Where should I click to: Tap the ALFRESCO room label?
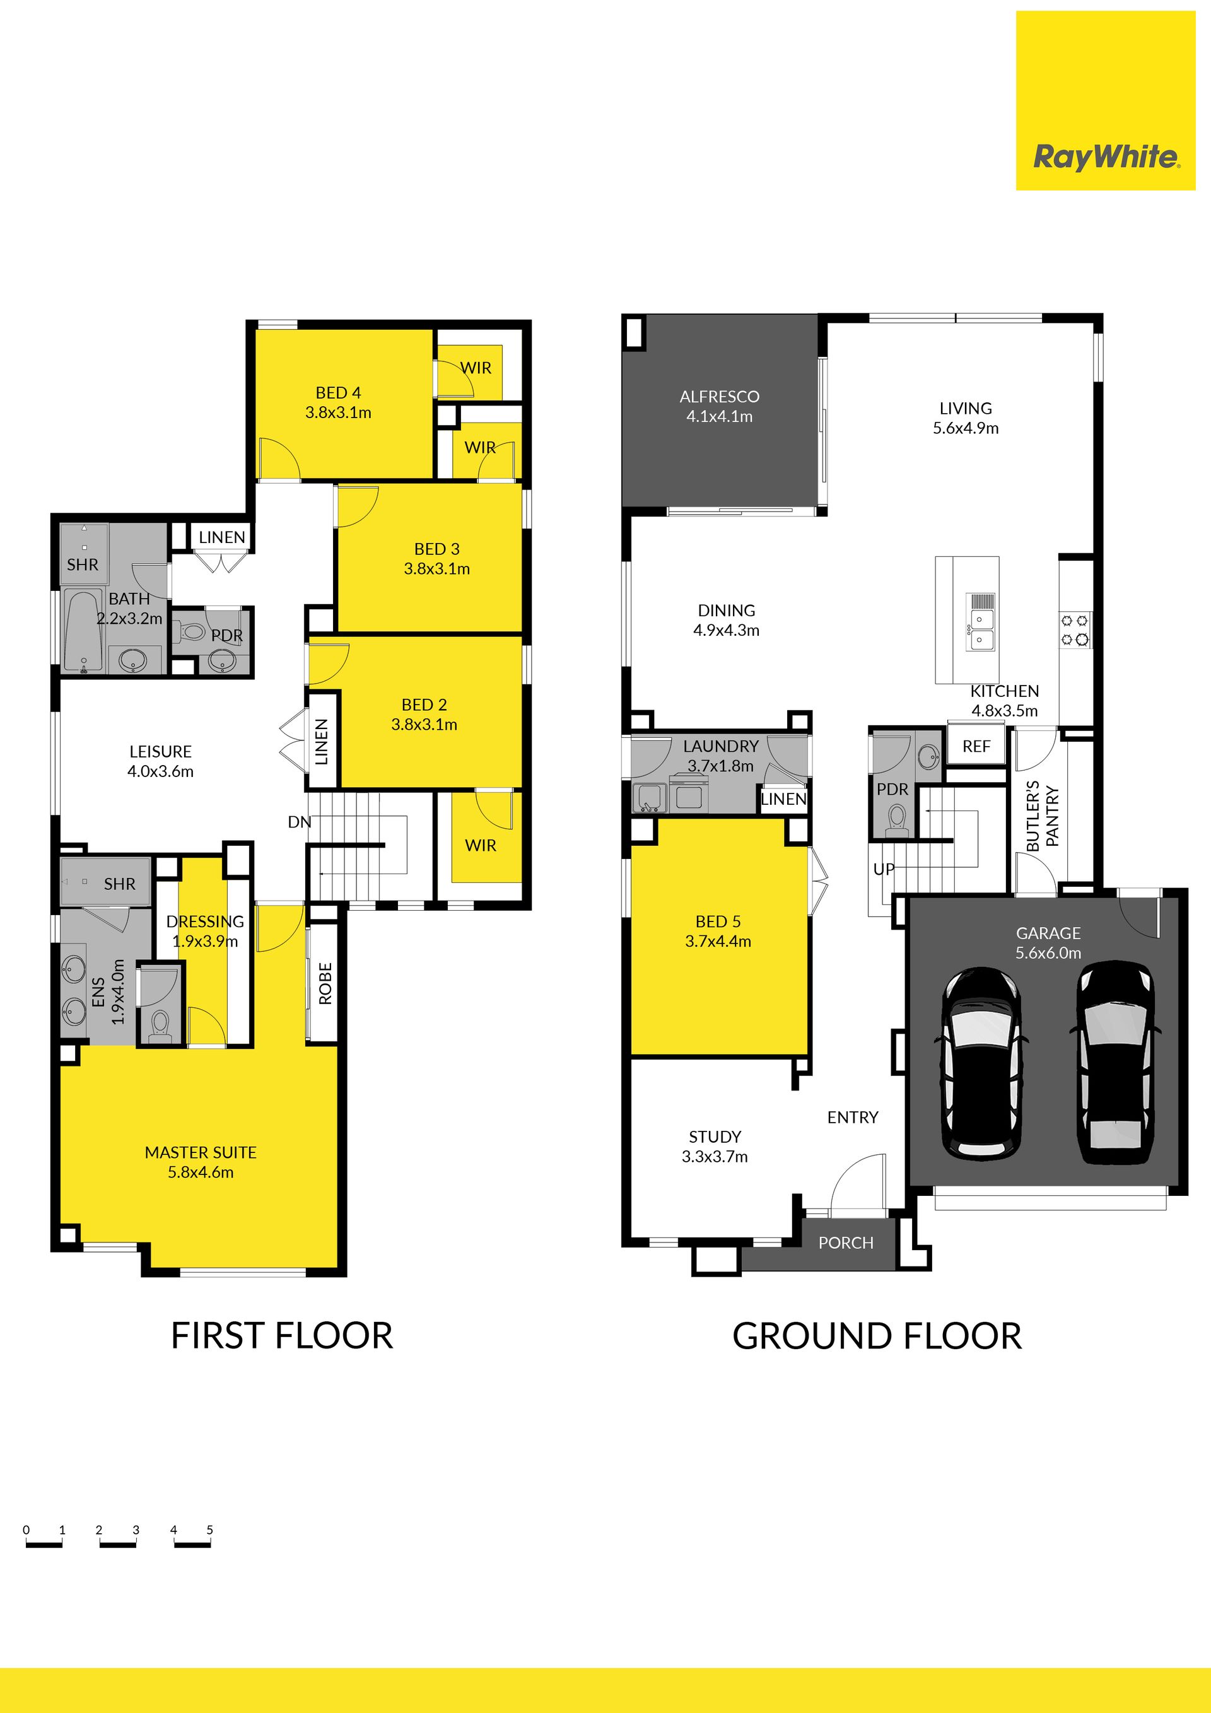(x=719, y=397)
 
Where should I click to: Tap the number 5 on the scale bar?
(x=209, y=1529)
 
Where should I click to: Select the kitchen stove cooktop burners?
(x=1075, y=629)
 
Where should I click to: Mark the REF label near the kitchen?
(x=976, y=746)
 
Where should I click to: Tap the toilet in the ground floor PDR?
(x=897, y=819)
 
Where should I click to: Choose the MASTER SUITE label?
(x=201, y=1153)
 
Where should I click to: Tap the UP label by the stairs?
(x=884, y=869)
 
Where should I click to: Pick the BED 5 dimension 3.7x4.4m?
(x=718, y=942)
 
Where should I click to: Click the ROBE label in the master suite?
(x=325, y=983)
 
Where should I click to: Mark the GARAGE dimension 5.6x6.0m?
(x=1048, y=953)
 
